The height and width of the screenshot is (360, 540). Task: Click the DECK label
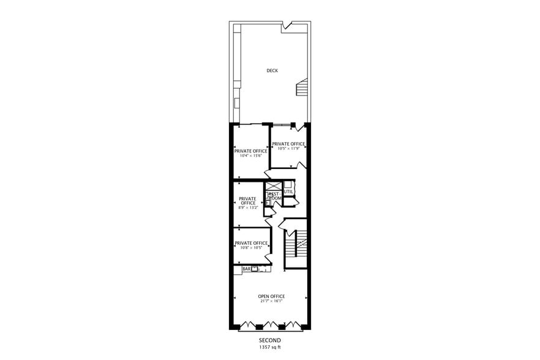pos(272,70)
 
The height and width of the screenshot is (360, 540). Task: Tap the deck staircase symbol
pos(301,88)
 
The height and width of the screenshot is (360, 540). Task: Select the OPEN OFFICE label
pos(271,296)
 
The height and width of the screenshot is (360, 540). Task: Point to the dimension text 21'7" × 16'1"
pos(271,301)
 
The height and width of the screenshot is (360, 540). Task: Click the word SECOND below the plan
pos(269,340)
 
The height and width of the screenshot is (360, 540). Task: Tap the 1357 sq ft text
pos(269,347)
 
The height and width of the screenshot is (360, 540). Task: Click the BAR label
pos(246,269)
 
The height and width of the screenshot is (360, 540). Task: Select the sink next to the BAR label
pos(254,268)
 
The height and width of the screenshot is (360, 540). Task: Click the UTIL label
pos(288,192)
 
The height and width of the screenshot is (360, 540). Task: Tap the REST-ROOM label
pos(274,196)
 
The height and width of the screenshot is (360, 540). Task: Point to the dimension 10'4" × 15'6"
pos(250,156)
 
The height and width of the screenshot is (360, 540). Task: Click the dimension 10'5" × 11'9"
pos(288,148)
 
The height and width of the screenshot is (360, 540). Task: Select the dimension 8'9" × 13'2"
pos(247,208)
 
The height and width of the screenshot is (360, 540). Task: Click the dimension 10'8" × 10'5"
pos(250,247)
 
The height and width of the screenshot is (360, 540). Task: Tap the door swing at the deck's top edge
pos(286,27)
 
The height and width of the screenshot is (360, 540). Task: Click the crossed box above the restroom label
pos(272,186)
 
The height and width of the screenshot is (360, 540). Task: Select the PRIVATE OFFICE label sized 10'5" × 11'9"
pos(288,144)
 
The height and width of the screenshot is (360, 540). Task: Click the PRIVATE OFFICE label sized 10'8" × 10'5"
pos(251,243)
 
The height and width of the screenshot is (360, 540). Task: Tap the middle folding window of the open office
pos(271,325)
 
